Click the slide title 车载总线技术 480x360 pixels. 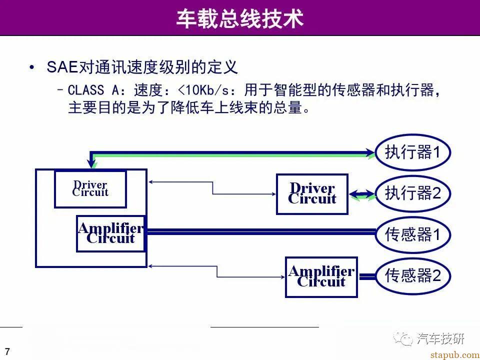tap(240, 19)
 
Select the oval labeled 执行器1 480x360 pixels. tap(413, 152)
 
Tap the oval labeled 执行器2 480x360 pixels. tap(413, 193)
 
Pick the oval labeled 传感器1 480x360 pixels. tap(413, 234)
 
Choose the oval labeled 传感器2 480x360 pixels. tap(413, 275)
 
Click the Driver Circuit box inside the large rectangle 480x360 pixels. tap(90, 188)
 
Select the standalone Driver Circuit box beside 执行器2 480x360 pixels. tap(312, 194)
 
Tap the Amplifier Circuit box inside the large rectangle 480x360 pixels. tap(110, 233)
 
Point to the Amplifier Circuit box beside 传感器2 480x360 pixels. tap(321, 276)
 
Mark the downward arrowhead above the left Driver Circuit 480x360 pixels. tap(92, 162)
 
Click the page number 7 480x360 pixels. tap(7, 350)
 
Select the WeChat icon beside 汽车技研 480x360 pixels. tap(403, 338)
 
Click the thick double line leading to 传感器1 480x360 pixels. tap(260, 231)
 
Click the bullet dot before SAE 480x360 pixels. tap(32, 67)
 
